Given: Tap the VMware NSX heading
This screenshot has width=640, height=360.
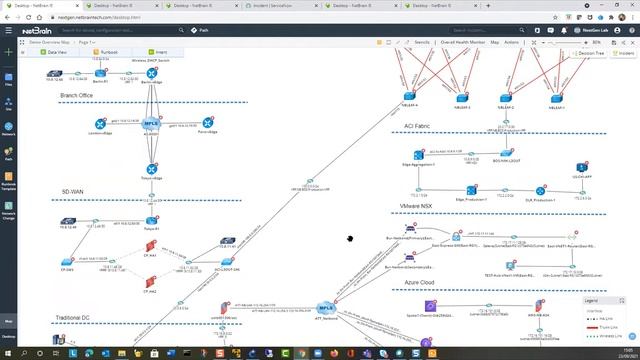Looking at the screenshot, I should [414, 206].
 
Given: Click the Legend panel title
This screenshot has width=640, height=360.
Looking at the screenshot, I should [592, 300].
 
